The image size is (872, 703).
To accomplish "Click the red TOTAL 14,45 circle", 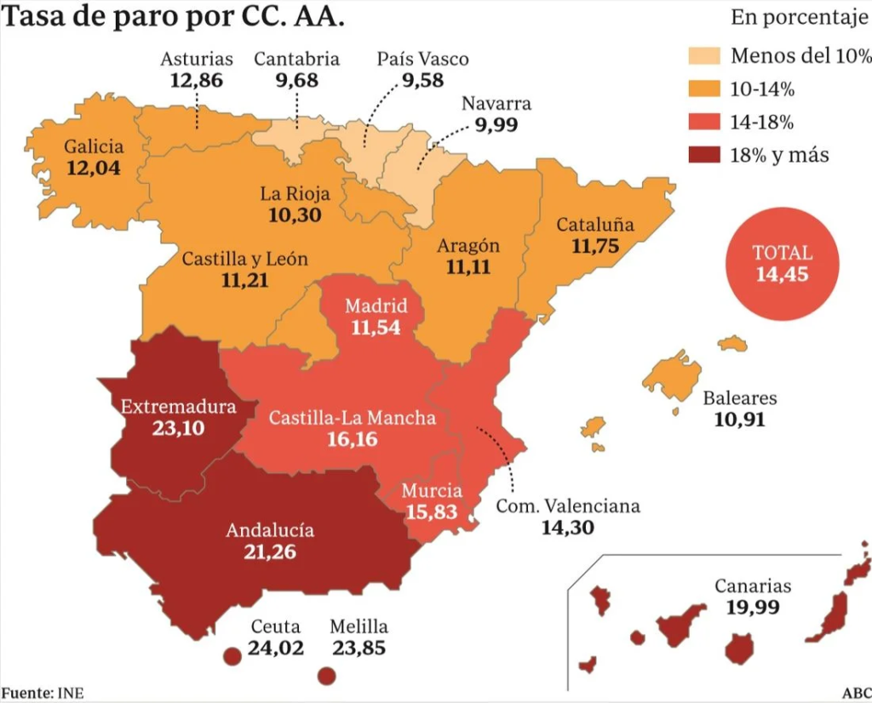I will (782, 264).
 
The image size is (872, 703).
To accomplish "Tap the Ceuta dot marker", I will (230, 656).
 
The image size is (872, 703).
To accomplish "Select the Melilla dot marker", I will (325, 677).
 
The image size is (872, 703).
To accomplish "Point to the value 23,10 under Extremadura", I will (178, 428).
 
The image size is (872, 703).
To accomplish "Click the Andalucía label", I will (270, 530).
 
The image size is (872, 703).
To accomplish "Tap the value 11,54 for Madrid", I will (375, 327).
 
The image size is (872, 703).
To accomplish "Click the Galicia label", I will (94, 146).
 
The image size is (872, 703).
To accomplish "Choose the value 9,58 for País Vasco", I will (423, 80).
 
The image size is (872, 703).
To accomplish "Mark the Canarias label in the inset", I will (753, 586).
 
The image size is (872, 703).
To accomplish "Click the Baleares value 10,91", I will (739, 419).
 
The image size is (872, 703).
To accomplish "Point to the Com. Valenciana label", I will (567, 506).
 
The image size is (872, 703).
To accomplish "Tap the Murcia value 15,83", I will (432, 512).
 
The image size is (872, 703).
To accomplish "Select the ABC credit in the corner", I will (854, 692).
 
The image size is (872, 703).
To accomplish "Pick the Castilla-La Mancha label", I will (353, 418).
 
